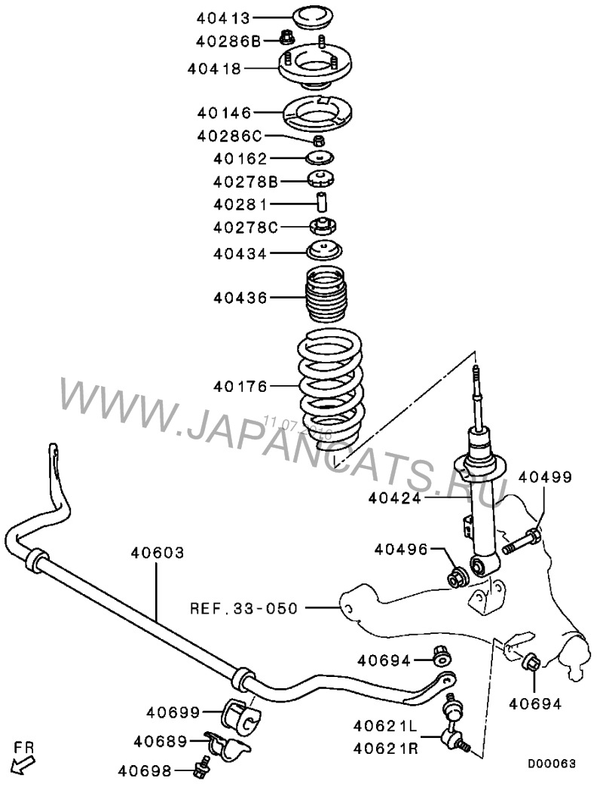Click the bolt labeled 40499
tap(520, 540)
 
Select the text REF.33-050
tap(243, 607)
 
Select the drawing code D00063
tap(551, 764)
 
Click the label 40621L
tap(384, 725)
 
